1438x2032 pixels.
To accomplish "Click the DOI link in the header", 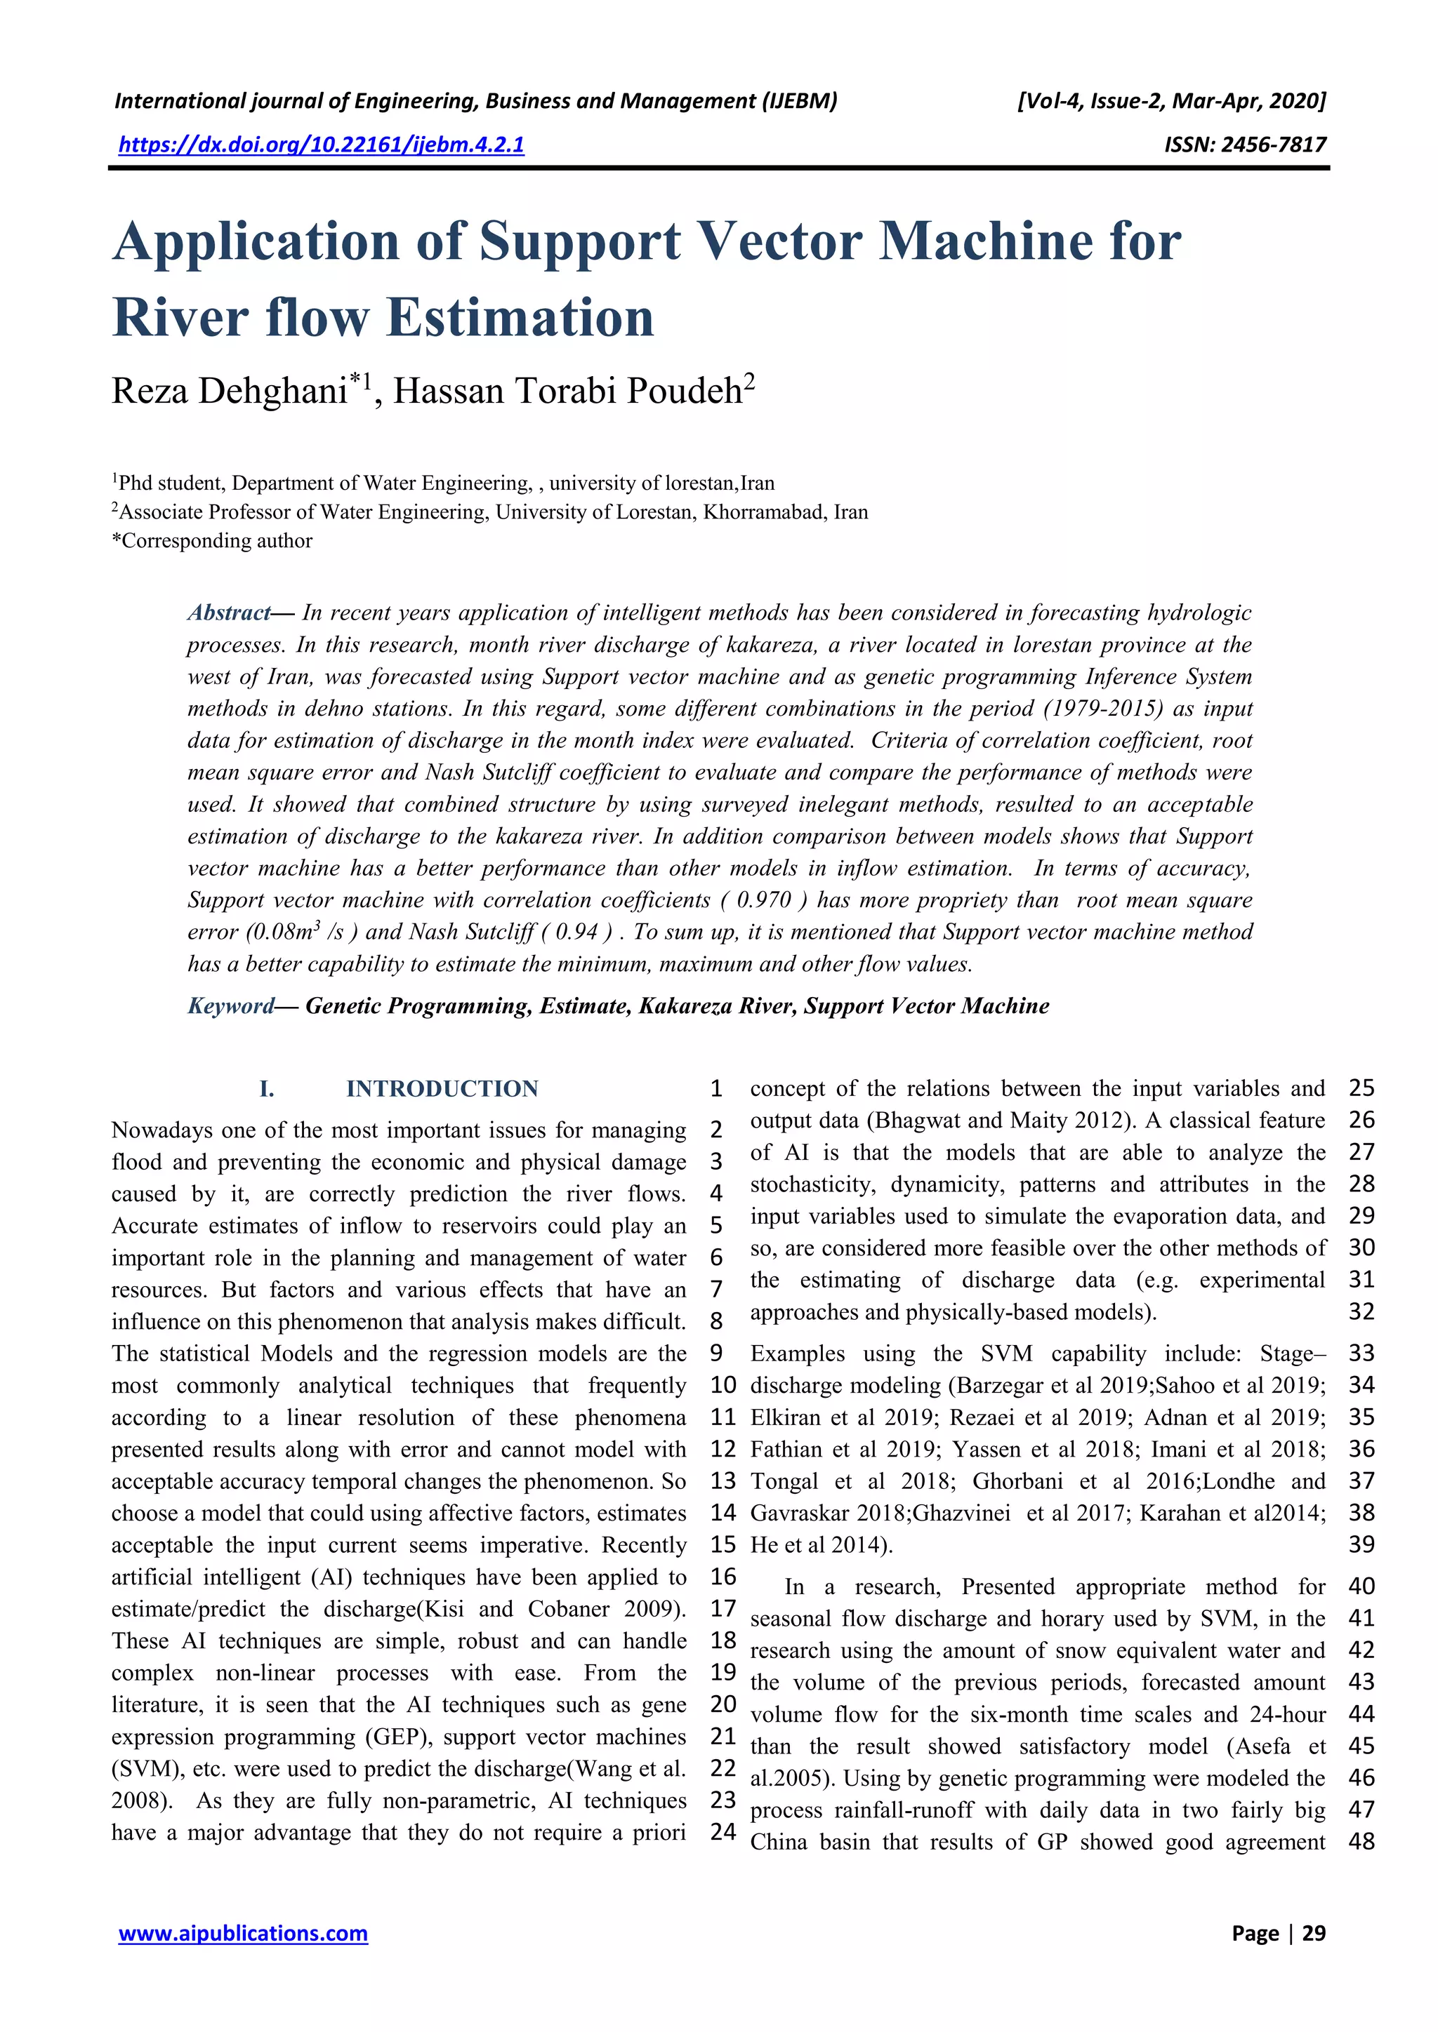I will point(322,145).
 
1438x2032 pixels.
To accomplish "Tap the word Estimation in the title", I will point(521,318).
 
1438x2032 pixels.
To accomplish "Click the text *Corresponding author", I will point(213,541).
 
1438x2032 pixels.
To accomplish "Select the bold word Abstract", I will point(228,613).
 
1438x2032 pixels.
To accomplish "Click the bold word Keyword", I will point(231,1005).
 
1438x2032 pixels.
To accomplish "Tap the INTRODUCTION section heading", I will point(442,1088).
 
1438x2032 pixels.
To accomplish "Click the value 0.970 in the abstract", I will point(763,900).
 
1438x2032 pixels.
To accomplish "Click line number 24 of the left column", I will point(723,1831).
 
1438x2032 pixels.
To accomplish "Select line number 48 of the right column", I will point(1361,1842).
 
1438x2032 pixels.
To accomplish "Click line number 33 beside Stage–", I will point(1361,1353).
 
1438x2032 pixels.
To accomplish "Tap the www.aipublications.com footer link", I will point(244,1933).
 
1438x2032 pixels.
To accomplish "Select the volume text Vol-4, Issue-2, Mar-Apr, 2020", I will point(1171,101).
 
